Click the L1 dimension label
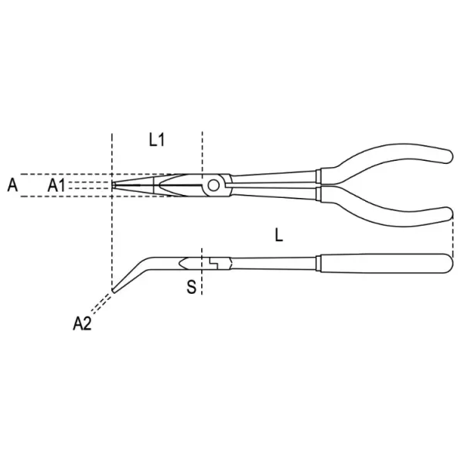point(156,140)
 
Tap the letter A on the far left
point(12,186)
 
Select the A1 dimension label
point(56,186)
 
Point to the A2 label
point(82,323)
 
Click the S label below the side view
point(192,286)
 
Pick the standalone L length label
point(278,236)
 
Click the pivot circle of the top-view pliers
point(213,186)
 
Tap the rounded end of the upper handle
point(449,156)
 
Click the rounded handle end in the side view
point(449,264)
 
